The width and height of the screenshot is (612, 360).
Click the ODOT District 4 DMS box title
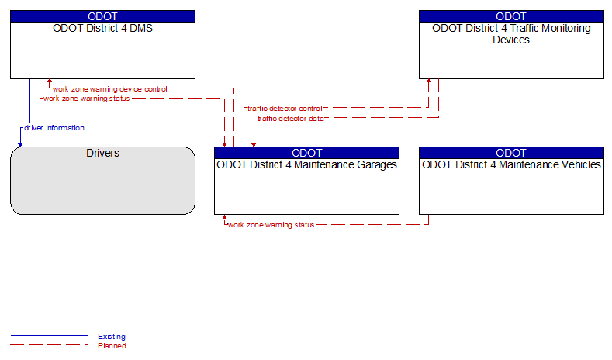tap(102, 28)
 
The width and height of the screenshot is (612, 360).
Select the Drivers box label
tap(102, 153)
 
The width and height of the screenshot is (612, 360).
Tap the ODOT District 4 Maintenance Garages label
tap(307, 165)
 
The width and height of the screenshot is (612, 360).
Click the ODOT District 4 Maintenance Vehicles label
tap(511, 164)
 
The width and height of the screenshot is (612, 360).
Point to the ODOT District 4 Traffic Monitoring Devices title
tap(511, 34)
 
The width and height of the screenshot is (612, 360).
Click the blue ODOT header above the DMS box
tap(102, 16)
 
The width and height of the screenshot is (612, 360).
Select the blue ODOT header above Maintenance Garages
tap(307, 153)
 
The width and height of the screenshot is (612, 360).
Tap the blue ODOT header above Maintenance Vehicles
tap(511, 153)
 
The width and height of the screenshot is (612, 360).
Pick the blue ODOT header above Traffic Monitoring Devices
tap(511, 16)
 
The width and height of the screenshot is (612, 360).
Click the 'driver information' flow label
tap(54, 128)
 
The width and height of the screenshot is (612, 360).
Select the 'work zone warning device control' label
tap(110, 89)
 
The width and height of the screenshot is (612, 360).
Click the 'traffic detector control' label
tap(285, 109)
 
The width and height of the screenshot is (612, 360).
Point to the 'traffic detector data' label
tap(290, 118)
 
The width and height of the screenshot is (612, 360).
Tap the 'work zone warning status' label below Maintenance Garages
tap(271, 225)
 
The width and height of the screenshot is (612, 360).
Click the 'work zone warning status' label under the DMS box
tap(87, 99)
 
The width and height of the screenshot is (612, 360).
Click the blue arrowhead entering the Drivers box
tap(20, 145)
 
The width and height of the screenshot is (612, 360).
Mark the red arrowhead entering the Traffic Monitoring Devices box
tap(429, 81)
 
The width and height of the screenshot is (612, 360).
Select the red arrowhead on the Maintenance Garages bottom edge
tap(224, 216)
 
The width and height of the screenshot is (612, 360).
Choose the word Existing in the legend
tap(112, 337)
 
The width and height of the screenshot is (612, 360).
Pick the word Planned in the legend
tap(112, 346)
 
